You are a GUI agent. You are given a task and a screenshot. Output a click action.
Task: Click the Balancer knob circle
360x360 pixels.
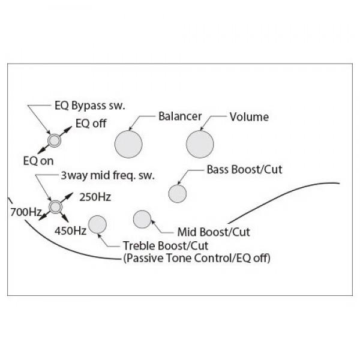pos(128,144)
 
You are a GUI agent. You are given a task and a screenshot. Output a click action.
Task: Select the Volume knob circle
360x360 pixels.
pos(200,144)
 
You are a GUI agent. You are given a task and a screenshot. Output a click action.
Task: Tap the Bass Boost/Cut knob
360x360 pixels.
pos(178,194)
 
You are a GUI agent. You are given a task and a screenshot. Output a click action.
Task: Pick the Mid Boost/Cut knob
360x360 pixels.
pos(142,219)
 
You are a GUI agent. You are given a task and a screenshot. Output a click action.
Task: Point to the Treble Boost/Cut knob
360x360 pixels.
pos(97,224)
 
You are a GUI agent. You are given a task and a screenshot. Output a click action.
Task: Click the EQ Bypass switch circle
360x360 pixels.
pos(55,140)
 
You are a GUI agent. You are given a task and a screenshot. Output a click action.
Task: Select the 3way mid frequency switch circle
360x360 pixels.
pos(55,207)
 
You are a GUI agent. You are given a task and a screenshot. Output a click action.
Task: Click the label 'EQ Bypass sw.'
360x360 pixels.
pos(90,106)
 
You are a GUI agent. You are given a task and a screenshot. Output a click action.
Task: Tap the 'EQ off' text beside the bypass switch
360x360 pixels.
pos(91,124)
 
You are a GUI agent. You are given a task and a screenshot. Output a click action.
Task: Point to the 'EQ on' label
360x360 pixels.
pos(38,161)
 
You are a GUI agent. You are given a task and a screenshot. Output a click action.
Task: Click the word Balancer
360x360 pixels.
pos(180,116)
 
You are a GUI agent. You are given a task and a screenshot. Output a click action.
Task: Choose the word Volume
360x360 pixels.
pos(249,117)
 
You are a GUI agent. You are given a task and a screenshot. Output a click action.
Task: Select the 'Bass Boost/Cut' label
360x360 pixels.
pos(245,169)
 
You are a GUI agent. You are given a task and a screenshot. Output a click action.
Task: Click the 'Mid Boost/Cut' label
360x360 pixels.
pos(214,232)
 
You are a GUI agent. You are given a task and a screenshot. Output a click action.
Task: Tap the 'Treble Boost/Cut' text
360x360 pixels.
pos(166,245)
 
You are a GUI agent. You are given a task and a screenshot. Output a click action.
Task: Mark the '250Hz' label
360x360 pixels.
pos(95,197)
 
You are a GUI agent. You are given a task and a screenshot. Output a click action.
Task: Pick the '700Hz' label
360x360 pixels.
pos(26,212)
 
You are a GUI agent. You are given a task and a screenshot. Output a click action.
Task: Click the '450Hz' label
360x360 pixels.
pos(70,231)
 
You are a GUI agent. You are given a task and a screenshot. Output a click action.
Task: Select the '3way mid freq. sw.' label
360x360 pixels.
pos(107,176)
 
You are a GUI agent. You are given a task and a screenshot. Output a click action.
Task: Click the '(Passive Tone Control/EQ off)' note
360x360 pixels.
pos(197,258)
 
